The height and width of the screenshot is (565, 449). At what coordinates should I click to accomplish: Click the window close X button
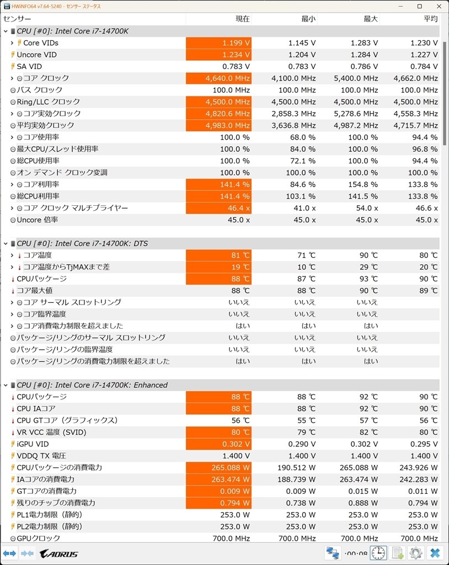[437, 6]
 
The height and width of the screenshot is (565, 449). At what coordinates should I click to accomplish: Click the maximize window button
[419, 6]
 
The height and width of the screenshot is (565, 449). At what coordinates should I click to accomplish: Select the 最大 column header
[371, 19]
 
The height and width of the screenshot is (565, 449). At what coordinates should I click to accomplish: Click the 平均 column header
[430, 19]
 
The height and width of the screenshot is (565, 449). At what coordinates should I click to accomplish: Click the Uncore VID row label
[36, 55]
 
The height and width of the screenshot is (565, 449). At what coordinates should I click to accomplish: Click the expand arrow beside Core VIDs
[12, 42]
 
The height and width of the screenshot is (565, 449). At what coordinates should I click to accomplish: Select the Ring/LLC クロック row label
[48, 102]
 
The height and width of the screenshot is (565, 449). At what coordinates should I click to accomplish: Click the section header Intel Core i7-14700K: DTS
[83, 243]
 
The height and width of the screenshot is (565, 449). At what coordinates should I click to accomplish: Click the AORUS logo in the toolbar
[59, 553]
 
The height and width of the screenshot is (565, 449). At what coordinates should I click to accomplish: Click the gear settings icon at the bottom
[415, 553]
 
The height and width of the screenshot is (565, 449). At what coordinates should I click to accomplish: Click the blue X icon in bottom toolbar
[435, 553]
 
